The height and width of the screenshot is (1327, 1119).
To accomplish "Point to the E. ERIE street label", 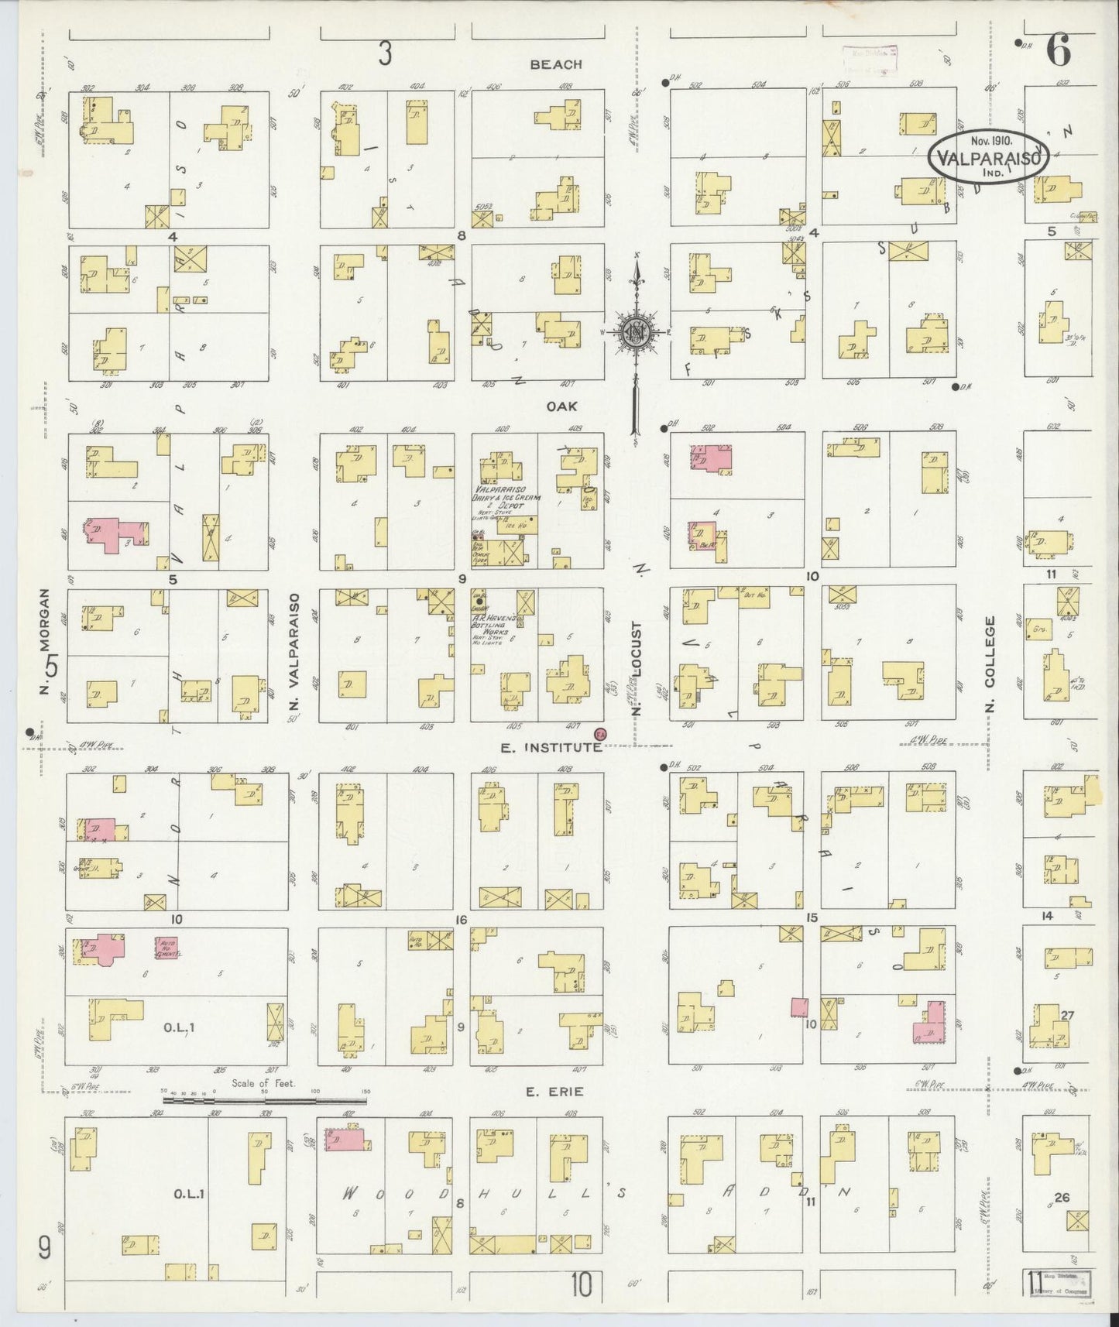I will pyautogui.click(x=554, y=1092).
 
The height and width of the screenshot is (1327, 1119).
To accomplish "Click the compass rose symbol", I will pyautogui.click(x=637, y=333).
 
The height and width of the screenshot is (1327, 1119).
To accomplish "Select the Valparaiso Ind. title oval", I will pyautogui.click(x=988, y=156).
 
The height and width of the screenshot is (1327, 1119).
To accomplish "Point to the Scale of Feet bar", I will pyautogui.click(x=263, y=1099).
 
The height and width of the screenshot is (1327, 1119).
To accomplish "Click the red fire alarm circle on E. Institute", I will pyautogui.click(x=599, y=734).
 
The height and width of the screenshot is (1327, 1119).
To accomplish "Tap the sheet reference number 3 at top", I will pyautogui.click(x=385, y=53).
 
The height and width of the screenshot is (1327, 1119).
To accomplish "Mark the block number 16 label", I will pyautogui.click(x=462, y=920).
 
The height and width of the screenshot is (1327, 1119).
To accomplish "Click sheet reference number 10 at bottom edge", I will pyautogui.click(x=582, y=1284).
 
